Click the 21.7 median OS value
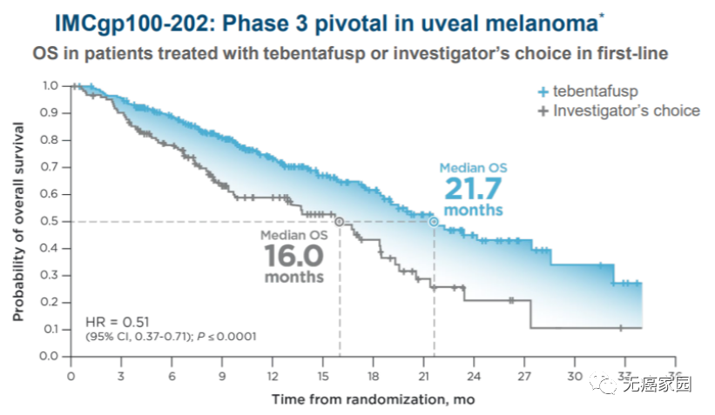(x=473, y=190)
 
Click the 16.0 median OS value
(x=293, y=256)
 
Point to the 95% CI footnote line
(x=170, y=337)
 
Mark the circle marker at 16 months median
(x=339, y=222)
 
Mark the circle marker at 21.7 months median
(x=434, y=222)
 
